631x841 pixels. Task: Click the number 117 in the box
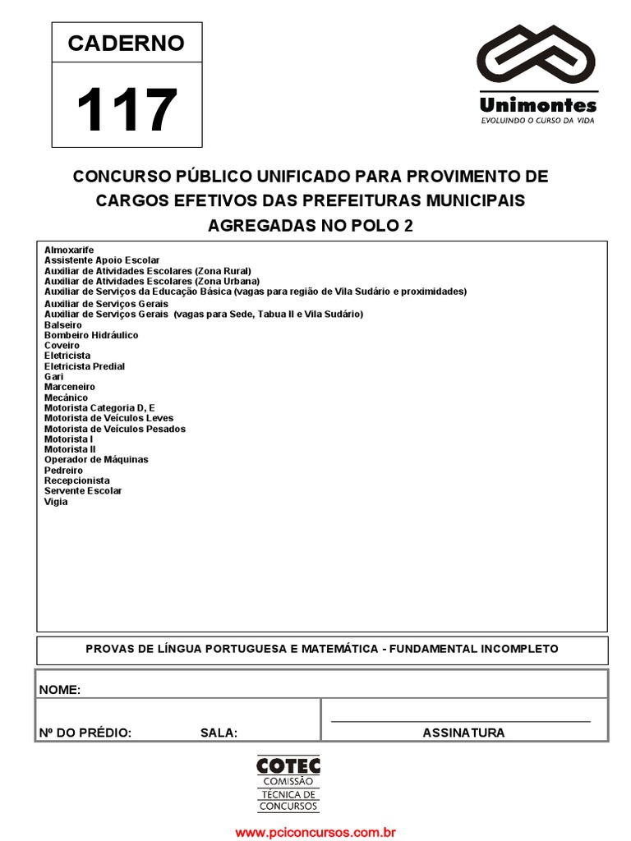[x=127, y=110]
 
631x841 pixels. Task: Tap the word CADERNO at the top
[x=127, y=44]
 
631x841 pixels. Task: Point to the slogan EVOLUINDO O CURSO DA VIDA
[x=537, y=121]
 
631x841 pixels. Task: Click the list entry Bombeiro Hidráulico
[x=91, y=335]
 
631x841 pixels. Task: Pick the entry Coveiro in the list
[x=62, y=346]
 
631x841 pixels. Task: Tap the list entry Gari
[x=54, y=376]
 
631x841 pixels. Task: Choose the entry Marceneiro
[x=70, y=387]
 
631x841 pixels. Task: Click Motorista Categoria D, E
[x=99, y=407]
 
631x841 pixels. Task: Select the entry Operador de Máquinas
[x=96, y=460]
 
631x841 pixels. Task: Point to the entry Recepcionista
[x=77, y=480]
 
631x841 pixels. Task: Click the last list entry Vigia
[x=56, y=502]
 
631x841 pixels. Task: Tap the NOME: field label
[x=60, y=690]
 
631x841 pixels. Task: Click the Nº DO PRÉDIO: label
[x=85, y=733]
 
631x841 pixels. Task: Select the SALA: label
[x=219, y=733]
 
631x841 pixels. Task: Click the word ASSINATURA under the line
[x=463, y=733]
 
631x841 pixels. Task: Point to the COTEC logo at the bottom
[x=288, y=784]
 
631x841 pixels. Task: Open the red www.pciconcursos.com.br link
[x=315, y=832]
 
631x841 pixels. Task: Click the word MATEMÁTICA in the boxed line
[x=336, y=649]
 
